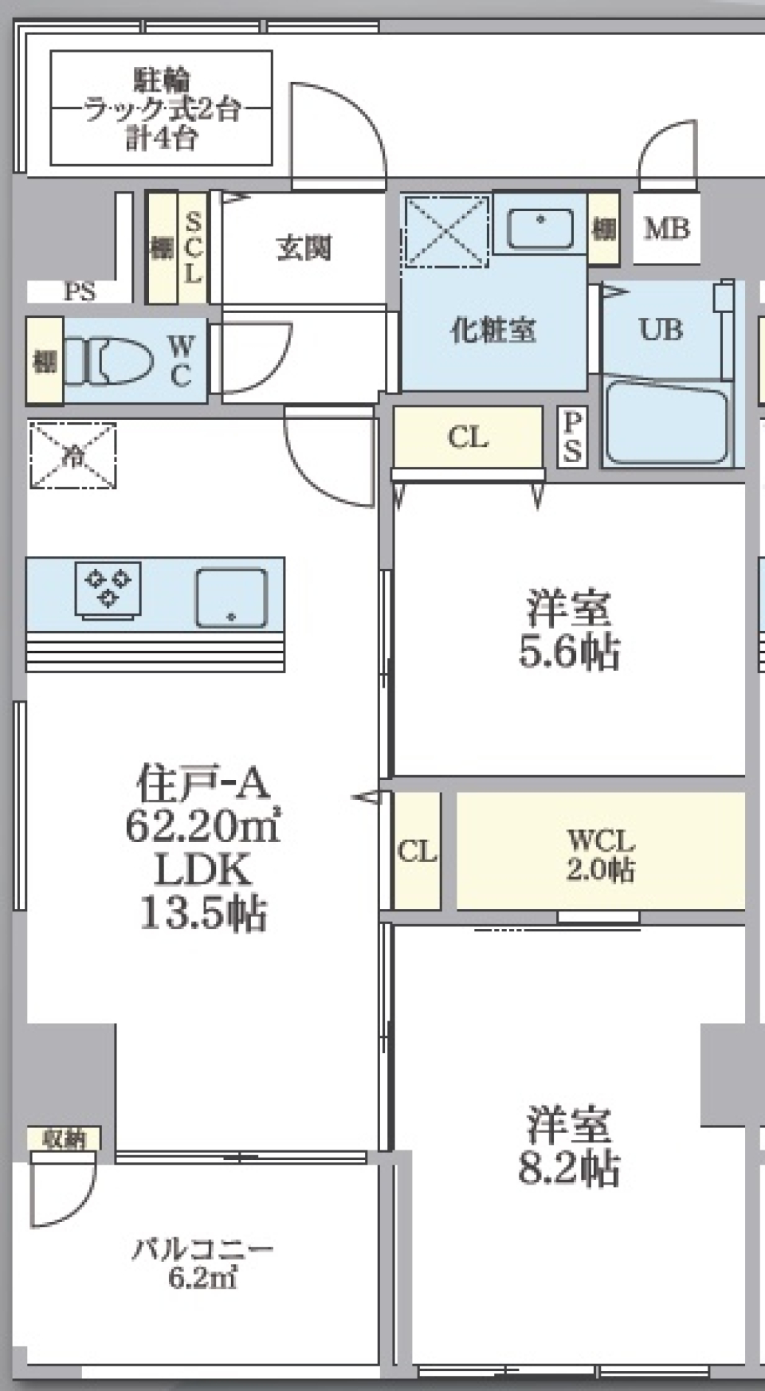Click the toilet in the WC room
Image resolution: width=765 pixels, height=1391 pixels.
(120, 361)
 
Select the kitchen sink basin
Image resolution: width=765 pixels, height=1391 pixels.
(231, 598)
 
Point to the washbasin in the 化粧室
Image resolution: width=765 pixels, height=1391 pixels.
(540, 227)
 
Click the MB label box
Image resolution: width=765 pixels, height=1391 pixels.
(666, 229)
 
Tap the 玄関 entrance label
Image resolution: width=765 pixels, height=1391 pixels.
(304, 248)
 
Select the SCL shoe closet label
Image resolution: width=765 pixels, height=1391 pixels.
(193, 248)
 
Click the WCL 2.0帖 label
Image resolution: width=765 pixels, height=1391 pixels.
(600, 854)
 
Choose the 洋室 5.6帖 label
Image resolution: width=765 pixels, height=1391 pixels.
(568, 630)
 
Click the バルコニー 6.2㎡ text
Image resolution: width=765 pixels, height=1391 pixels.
(202, 1263)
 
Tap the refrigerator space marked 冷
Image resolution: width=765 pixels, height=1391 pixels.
(73, 456)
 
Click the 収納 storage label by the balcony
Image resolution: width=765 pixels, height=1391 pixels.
(64, 1139)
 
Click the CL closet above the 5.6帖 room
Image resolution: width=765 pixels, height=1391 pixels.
(468, 437)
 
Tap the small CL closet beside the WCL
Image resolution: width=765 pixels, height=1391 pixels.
(417, 852)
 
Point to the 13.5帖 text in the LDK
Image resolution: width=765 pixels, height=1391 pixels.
(203, 913)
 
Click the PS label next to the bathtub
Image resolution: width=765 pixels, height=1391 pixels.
(572, 437)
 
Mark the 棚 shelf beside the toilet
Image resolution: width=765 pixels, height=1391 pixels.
(45, 361)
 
